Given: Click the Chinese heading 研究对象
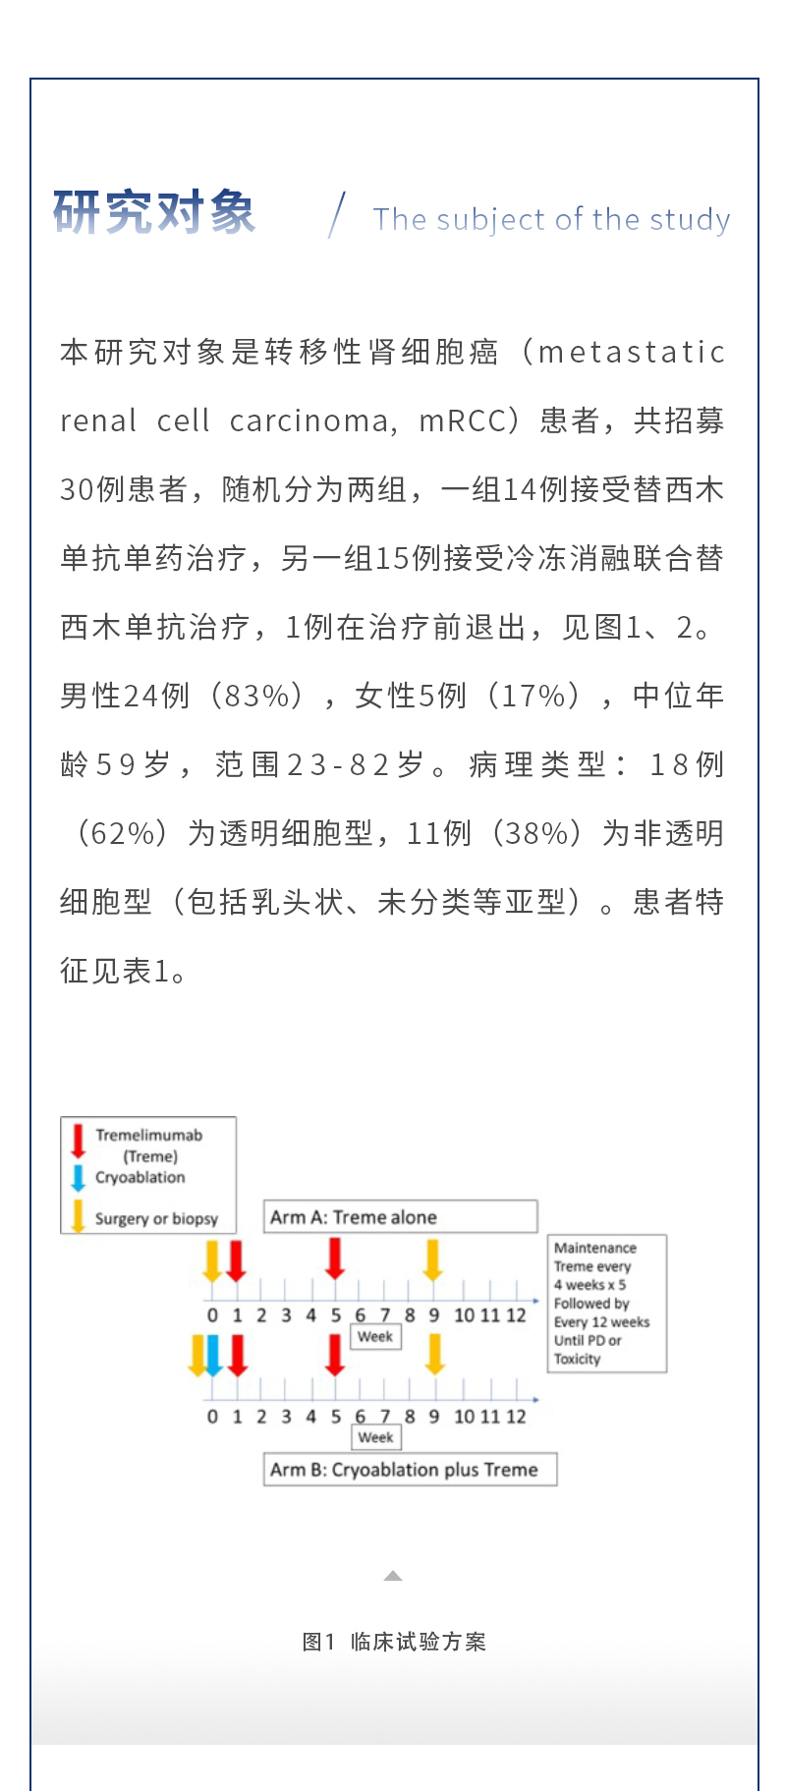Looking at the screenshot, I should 154,212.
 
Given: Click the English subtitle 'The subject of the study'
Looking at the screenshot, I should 551,219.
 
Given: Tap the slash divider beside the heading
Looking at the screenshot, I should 337,215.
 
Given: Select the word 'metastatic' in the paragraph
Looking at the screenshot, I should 632,352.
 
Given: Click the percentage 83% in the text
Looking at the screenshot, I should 258,696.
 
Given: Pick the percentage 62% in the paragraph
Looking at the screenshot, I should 123,833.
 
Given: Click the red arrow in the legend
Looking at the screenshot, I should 78,1140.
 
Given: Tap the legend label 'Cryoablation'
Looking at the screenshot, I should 140,1177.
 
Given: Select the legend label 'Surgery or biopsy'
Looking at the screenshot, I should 156,1218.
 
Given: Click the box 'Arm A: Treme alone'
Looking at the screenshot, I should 400,1216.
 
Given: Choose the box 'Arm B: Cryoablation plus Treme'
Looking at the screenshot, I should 410,1470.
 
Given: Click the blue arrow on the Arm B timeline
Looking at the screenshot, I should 213,1355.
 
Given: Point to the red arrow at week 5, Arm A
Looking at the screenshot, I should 335,1258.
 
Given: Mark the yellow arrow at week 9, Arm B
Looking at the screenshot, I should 434,1355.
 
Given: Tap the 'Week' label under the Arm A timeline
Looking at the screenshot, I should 375,1336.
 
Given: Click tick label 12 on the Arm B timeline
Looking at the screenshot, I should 516,1416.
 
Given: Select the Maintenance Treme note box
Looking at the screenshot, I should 607,1303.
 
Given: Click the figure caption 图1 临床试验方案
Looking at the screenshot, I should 394,1642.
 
